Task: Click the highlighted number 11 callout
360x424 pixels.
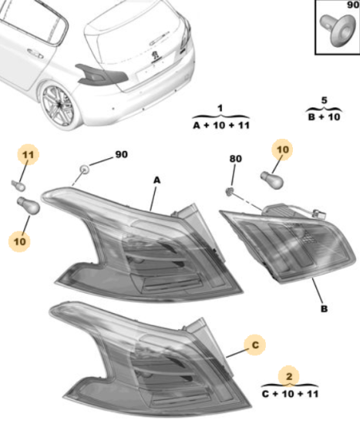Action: (x=28, y=155)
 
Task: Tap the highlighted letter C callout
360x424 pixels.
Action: (x=255, y=345)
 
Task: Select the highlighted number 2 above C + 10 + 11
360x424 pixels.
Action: (x=289, y=376)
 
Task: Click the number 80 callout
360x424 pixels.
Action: (x=235, y=159)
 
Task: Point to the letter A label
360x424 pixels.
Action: (x=157, y=180)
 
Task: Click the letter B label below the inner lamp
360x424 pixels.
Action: (x=324, y=308)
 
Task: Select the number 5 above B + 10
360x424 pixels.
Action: (x=324, y=100)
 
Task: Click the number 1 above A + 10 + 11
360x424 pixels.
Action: (x=220, y=109)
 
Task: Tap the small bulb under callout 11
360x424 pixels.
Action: (x=19, y=185)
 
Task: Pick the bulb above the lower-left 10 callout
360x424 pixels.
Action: (x=29, y=205)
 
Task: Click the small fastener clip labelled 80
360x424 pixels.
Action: (x=230, y=191)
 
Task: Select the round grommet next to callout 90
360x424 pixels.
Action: (x=84, y=170)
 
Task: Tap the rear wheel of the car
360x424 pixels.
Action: (x=58, y=106)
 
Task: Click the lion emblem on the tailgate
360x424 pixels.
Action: (x=156, y=56)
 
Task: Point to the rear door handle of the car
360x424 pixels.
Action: (x=35, y=53)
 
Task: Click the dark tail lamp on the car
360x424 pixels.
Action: (x=101, y=73)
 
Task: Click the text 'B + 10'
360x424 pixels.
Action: (x=324, y=117)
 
